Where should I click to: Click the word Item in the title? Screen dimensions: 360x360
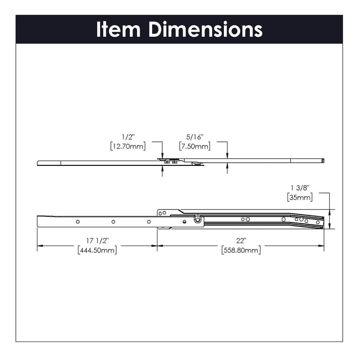point(118,29)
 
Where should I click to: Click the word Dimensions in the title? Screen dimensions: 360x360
point(205,29)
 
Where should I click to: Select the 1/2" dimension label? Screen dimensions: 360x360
point(128,137)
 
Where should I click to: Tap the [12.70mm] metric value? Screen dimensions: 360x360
point(128,146)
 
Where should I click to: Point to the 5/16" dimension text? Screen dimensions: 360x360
point(195,137)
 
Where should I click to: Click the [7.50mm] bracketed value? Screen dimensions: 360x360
point(195,146)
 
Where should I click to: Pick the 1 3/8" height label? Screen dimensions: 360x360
point(300,188)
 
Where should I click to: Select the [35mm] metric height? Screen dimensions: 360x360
point(300,197)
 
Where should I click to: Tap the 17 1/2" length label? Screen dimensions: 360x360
point(97,240)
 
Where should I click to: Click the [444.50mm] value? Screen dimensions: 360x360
point(97,250)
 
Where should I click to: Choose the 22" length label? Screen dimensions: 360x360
point(241,240)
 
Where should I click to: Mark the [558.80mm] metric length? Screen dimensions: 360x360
point(241,250)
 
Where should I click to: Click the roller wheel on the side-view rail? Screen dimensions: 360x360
point(197,219)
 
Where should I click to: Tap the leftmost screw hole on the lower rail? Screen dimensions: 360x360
point(78,221)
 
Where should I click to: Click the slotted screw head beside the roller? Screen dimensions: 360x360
point(185,222)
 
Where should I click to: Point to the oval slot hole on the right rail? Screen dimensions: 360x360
point(284,219)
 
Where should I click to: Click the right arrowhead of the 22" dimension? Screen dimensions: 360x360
point(321,246)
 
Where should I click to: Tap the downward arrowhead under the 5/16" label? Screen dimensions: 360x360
point(227,156)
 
